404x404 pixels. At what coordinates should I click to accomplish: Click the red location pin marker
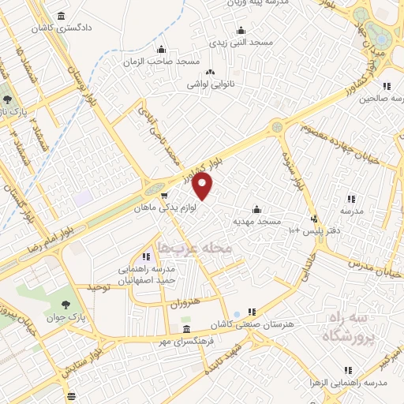203,186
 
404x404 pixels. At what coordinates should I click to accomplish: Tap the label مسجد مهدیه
256,222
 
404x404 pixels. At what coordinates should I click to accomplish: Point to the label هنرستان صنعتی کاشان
245,324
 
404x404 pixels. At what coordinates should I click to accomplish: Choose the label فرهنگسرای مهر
185,340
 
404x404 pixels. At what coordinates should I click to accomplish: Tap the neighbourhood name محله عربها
195,248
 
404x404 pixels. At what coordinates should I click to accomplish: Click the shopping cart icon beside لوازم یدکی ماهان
163,196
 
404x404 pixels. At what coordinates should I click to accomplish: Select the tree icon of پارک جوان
65,305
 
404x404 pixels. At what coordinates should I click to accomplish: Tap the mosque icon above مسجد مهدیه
256,210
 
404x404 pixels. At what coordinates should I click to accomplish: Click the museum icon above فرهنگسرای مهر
185,328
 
